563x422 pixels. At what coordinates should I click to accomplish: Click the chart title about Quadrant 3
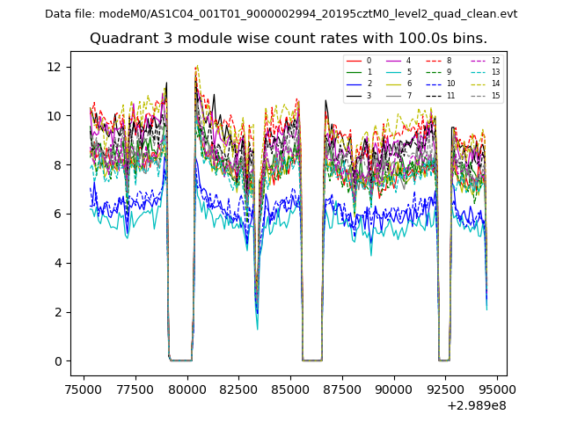[288, 39]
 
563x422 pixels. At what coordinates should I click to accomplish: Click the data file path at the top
[281, 14]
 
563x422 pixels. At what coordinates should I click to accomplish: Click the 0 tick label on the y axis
[61, 361]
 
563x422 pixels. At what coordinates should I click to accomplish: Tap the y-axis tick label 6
[61, 214]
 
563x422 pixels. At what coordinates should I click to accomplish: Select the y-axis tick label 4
[61, 263]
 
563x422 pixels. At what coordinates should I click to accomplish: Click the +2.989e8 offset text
[477, 405]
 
